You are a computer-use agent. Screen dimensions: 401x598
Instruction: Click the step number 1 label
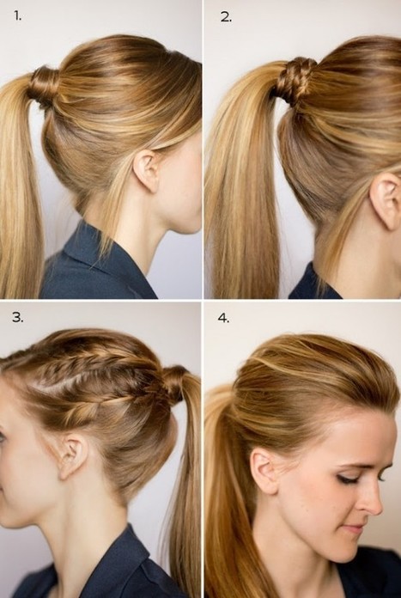(x=17, y=16)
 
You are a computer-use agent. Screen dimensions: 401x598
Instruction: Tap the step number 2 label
(x=226, y=17)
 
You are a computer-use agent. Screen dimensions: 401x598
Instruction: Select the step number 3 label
(x=17, y=317)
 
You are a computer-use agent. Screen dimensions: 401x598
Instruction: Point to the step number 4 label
(x=223, y=318)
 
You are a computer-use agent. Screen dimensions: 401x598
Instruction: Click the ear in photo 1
(x=147, y=170)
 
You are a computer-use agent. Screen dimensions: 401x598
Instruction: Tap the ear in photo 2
(x=386, y=201)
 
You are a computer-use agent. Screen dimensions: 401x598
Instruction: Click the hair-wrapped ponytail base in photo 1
(x=44, y=86)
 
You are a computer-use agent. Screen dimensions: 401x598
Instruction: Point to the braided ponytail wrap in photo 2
(x=295, y=81)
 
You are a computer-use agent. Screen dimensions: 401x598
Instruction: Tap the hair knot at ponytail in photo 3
(x=176, y=384)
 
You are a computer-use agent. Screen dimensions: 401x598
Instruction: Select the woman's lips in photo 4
(x=354, y=529)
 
